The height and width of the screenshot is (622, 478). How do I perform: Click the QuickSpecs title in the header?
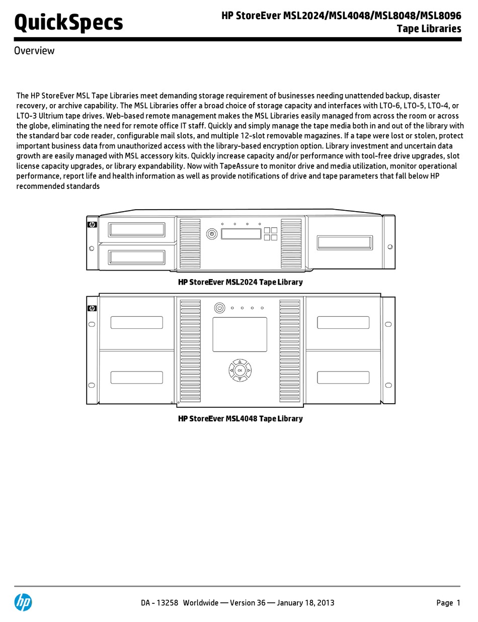[x=68, y=23]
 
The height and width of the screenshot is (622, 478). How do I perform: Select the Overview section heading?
[x=34, y=51]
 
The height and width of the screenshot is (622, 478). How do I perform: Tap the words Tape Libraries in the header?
[x=429, y=29]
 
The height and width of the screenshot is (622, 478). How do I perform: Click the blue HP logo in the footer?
[x=23, y=602]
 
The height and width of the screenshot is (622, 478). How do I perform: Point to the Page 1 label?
[x=448, y=603]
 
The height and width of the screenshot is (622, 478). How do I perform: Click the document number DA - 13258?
[x=160, y=603]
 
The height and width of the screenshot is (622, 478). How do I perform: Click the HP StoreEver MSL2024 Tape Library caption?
[x=241, y=282]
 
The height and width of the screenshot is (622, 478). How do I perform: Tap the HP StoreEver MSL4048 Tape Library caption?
[x=241, y=418]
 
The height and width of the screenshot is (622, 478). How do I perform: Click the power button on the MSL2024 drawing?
[x=212, y=234]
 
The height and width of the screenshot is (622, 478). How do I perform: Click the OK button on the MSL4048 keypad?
[x=240, y=371]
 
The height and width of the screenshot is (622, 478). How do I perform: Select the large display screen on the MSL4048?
[x=240, y=334]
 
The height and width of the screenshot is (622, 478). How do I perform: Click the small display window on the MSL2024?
[x=241, y=234]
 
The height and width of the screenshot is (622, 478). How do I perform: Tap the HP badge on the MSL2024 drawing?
[x=92, y=225]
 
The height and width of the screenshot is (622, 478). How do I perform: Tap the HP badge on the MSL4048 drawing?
[x=92, y=308]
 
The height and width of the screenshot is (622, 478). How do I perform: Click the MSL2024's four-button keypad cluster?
[x=270, y=234]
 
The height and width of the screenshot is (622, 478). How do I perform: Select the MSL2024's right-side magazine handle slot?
[x=345, y=242]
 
